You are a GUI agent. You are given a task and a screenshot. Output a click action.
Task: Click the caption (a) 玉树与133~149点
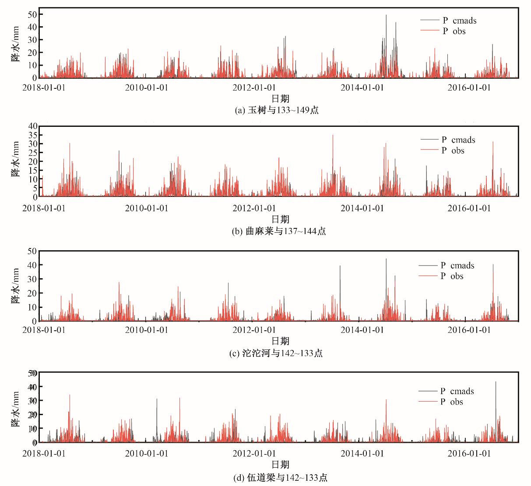pos(277,110)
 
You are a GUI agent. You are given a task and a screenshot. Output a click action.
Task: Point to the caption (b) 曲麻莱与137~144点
pos(279,231)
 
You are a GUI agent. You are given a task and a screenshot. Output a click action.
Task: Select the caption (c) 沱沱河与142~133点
pos(276,353)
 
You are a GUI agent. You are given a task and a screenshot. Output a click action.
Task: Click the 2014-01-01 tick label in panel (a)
pos(362,87)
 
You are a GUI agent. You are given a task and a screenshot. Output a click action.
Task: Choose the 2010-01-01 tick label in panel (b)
pos(147,208)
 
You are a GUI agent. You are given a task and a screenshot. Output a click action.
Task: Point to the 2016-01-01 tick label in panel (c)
pos(469,329)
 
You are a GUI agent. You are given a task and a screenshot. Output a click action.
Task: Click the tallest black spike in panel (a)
pos(386,16)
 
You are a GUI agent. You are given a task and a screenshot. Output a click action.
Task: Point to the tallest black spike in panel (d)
pos(496,382)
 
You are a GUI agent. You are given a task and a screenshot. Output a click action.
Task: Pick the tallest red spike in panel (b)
pos(333,135)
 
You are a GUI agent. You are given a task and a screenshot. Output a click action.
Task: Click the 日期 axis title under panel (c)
pos(280,341)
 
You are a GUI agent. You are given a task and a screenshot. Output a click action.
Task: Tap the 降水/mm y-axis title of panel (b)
pos(15,159)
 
